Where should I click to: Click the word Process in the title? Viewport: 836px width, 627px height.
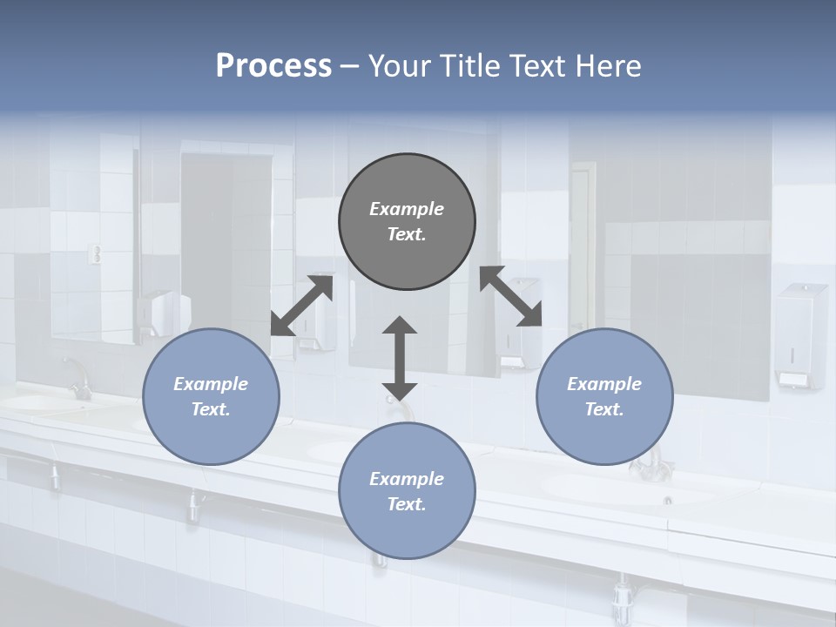point(273,66)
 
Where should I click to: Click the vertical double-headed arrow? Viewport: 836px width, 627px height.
point(400,358)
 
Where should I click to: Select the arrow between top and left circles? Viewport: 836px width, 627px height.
point(302,305)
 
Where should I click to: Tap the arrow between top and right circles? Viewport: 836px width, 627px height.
point(511,296)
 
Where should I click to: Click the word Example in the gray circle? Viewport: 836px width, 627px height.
point(407,209)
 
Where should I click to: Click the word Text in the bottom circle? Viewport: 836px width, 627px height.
point(407,504)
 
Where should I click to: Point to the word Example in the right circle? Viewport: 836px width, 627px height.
point(604,384)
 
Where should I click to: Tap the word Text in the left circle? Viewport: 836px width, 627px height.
point(211,409)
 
